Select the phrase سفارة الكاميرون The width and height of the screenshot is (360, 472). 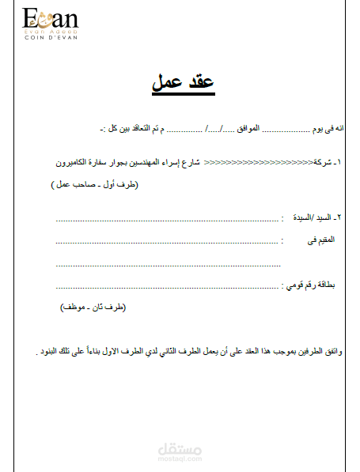tap(85, 162)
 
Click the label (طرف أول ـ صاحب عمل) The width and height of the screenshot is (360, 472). tap(93, 184)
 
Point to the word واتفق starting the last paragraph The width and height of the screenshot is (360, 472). tap(338, 350)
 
